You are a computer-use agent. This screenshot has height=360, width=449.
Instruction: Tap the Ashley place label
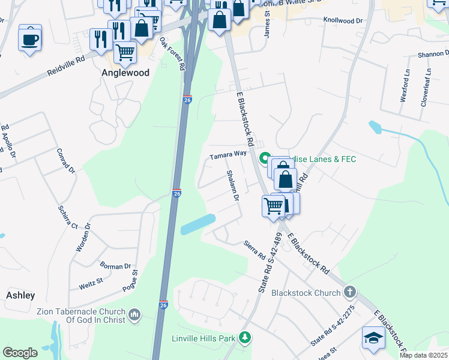[20, 295]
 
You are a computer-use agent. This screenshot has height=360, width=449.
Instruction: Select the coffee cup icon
[29, 40]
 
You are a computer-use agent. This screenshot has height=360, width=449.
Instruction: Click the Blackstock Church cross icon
[350, 293]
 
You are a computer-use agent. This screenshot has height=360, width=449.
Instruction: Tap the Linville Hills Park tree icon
[244, 338]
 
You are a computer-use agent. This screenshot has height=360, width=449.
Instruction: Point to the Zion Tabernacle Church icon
[134, 314]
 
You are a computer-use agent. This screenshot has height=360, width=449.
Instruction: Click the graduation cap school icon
[373, 338]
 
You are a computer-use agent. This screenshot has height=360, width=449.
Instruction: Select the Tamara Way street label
[228, 154]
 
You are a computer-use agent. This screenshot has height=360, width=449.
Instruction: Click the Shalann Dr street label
[233, 185]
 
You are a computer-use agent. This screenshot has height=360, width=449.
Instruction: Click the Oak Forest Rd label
[172, 54]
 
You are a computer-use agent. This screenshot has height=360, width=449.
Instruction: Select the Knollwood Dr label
[343, 20]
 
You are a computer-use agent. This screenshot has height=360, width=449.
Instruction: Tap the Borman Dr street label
[115, 266]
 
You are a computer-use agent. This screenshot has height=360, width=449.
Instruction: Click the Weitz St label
[91, 283]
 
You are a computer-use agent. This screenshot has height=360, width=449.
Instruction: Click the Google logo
[20, 352]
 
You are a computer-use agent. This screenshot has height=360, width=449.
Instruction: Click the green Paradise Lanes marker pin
[264, 159]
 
